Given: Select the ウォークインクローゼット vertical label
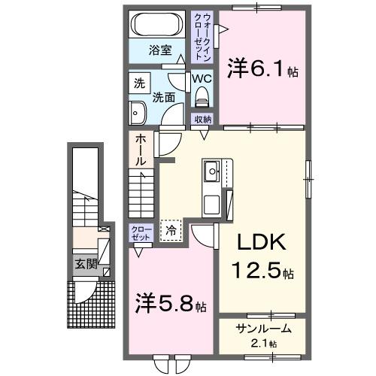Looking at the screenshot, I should tap(202, 36).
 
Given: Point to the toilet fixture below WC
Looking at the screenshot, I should tap(201, 96).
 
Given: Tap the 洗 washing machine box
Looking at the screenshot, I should tap(138, 83).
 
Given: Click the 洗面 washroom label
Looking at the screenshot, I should tap(164, 98).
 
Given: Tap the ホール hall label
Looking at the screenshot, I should tap(141, 150).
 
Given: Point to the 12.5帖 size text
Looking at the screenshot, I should tap(261, 269).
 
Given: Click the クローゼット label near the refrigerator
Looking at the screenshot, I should tap(141, 232).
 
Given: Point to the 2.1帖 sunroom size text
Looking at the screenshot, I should tap(263, 344).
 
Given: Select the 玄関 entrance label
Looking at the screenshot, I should tap(85, 264).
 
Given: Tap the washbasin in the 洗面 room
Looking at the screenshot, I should tap(138, 114).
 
